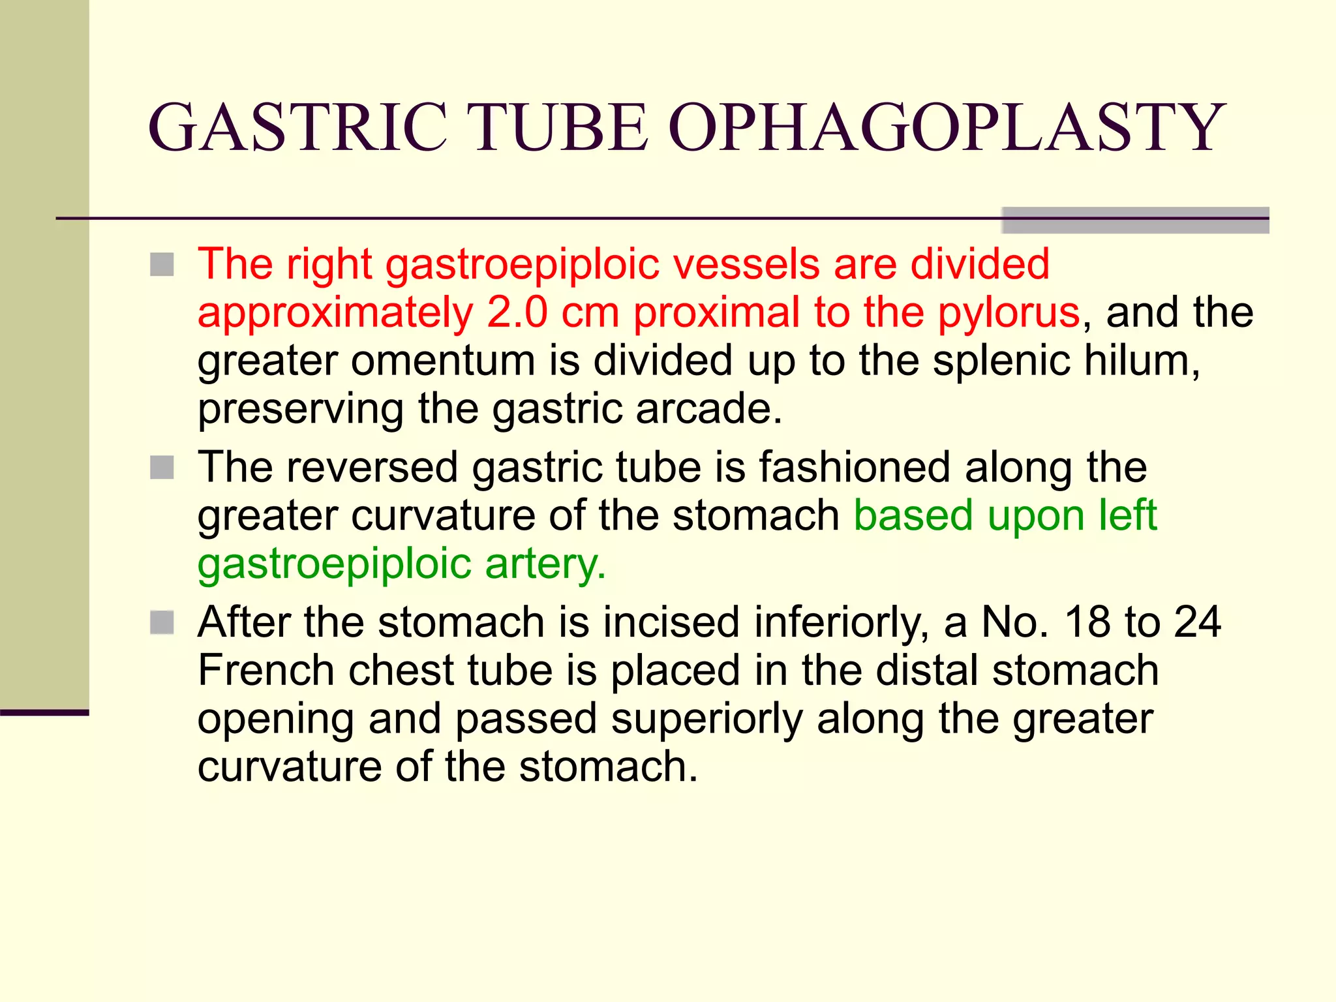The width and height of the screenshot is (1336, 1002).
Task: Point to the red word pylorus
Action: click(1009, 313)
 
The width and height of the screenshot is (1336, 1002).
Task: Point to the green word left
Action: click(1128, 515)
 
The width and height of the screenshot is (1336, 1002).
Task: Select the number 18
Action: click(1088, 622)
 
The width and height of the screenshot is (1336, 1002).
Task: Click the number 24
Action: click(1197, 622)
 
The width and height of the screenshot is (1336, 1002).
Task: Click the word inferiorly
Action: click(842, 622)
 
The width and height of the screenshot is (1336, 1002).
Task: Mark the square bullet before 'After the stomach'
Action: click(162, 622)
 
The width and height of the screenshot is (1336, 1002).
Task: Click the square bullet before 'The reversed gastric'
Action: click(162, 468)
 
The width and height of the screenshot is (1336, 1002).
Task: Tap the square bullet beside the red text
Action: click(162, 265)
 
